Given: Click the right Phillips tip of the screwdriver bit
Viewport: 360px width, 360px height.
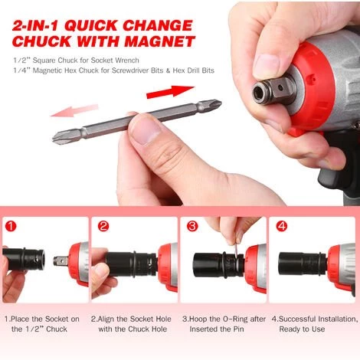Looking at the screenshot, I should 213,103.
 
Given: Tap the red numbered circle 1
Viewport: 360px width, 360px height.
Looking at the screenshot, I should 10,227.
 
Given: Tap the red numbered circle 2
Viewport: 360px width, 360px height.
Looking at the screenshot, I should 103,227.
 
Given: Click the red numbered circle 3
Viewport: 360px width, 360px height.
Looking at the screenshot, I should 192,227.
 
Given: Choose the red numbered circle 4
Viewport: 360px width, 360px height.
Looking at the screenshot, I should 281,227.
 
